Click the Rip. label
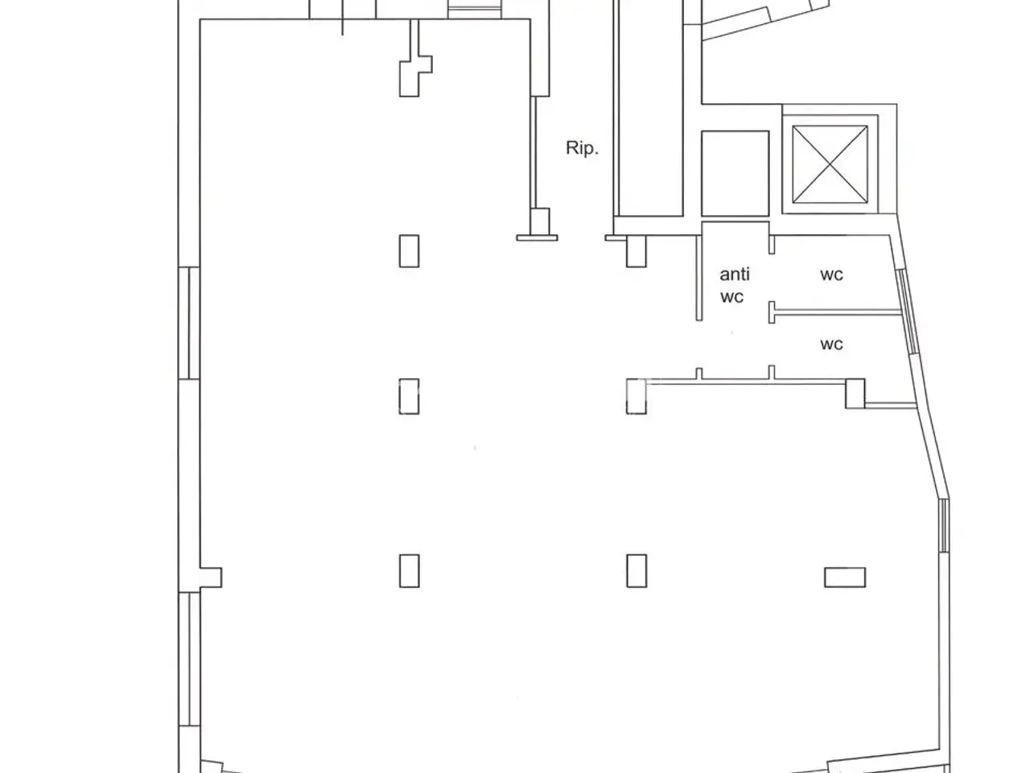[x=582, y=148]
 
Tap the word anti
[x=735, y=274]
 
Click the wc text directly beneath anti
[x=732, y=297]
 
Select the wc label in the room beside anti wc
[x=831, y=275]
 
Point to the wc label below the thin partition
[x=831, y=345]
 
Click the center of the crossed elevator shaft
[x=830, y=164]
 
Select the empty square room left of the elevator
[x=735, y=173]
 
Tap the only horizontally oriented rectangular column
[x=845, y=577]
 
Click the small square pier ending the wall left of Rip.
[x=540, y=221]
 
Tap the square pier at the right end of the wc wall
[x=855, y=393]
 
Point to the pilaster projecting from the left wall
[x=211, y=577]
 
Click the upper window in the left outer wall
[x=189, y=323]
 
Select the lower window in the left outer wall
[x=189, y=659]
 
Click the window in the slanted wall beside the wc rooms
[x=908, y=312]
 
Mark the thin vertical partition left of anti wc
[x=699, y=278]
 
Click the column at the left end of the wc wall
[x=637, y=397]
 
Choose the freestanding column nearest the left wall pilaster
[x=410, y=571]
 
